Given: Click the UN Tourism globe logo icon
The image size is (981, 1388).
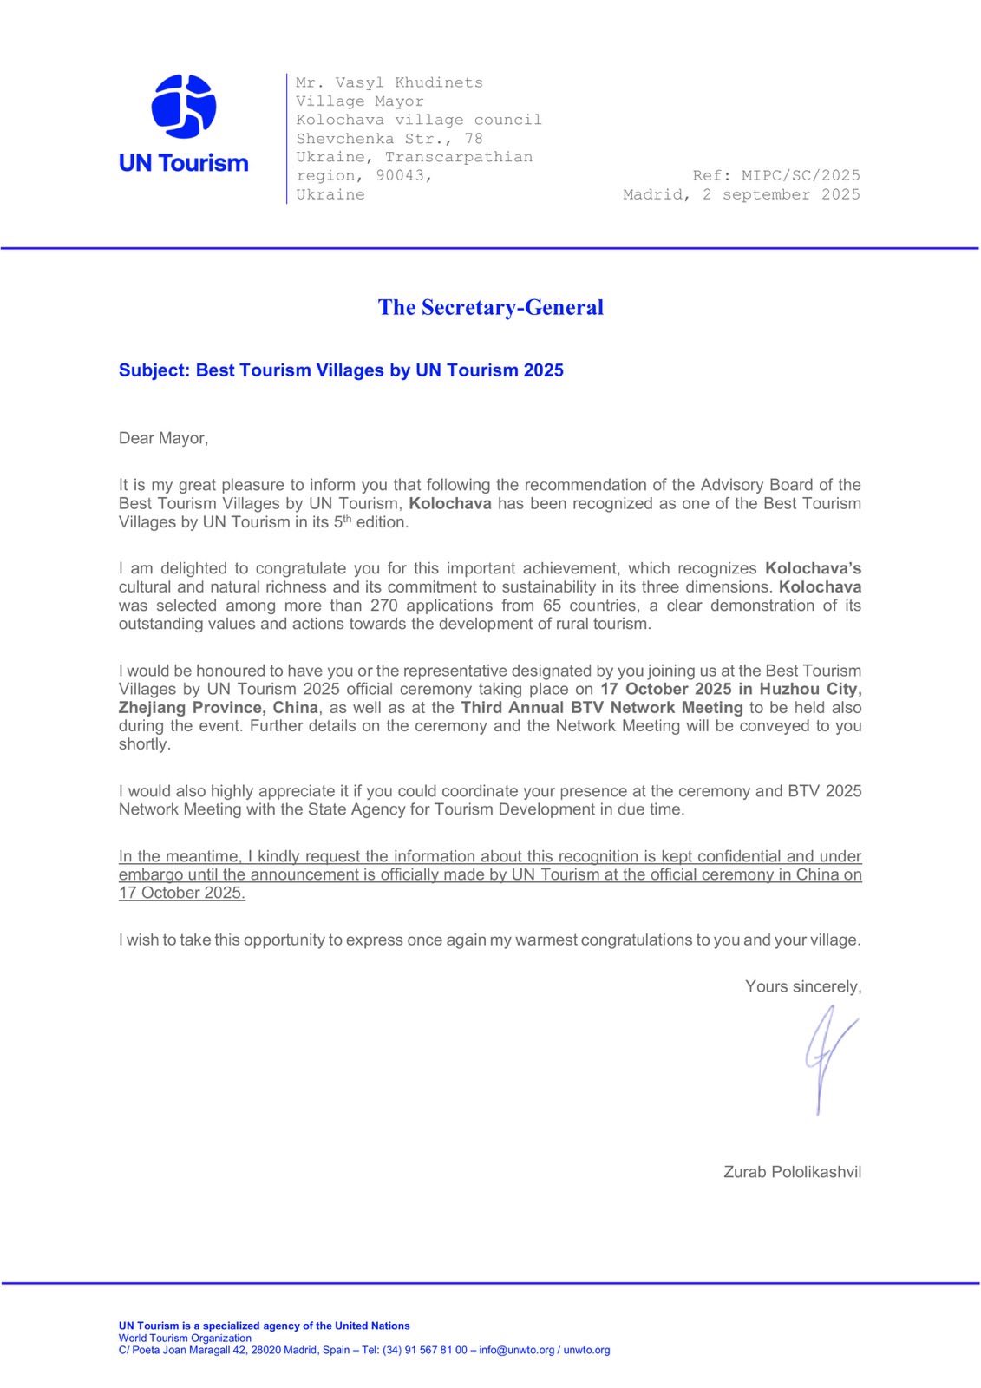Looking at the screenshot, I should pos(183,107).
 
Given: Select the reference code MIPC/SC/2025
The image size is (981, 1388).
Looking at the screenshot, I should pos(801,175).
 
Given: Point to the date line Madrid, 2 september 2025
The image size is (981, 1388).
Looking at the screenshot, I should pos(741,194).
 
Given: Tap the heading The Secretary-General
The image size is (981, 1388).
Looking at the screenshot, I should pos(490,307).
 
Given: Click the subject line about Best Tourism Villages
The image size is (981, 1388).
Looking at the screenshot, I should pos(341,370).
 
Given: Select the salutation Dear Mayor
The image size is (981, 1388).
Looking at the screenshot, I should pos(163,438).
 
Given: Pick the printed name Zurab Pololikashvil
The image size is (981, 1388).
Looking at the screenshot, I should pos(792,1172).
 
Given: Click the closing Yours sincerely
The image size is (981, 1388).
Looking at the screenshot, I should pos(802,986).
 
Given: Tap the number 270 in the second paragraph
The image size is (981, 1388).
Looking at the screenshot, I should pos(383,606).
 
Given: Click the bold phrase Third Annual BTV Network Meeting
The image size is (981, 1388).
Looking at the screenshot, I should pos(601,708).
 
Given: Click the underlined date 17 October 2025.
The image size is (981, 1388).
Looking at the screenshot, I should pos(182,894).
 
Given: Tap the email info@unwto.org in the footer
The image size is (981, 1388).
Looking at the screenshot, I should pos(517,1350).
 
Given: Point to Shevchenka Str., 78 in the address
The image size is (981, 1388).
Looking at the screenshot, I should pos(389,138).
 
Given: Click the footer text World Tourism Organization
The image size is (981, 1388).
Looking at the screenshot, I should pos(185,1338).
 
